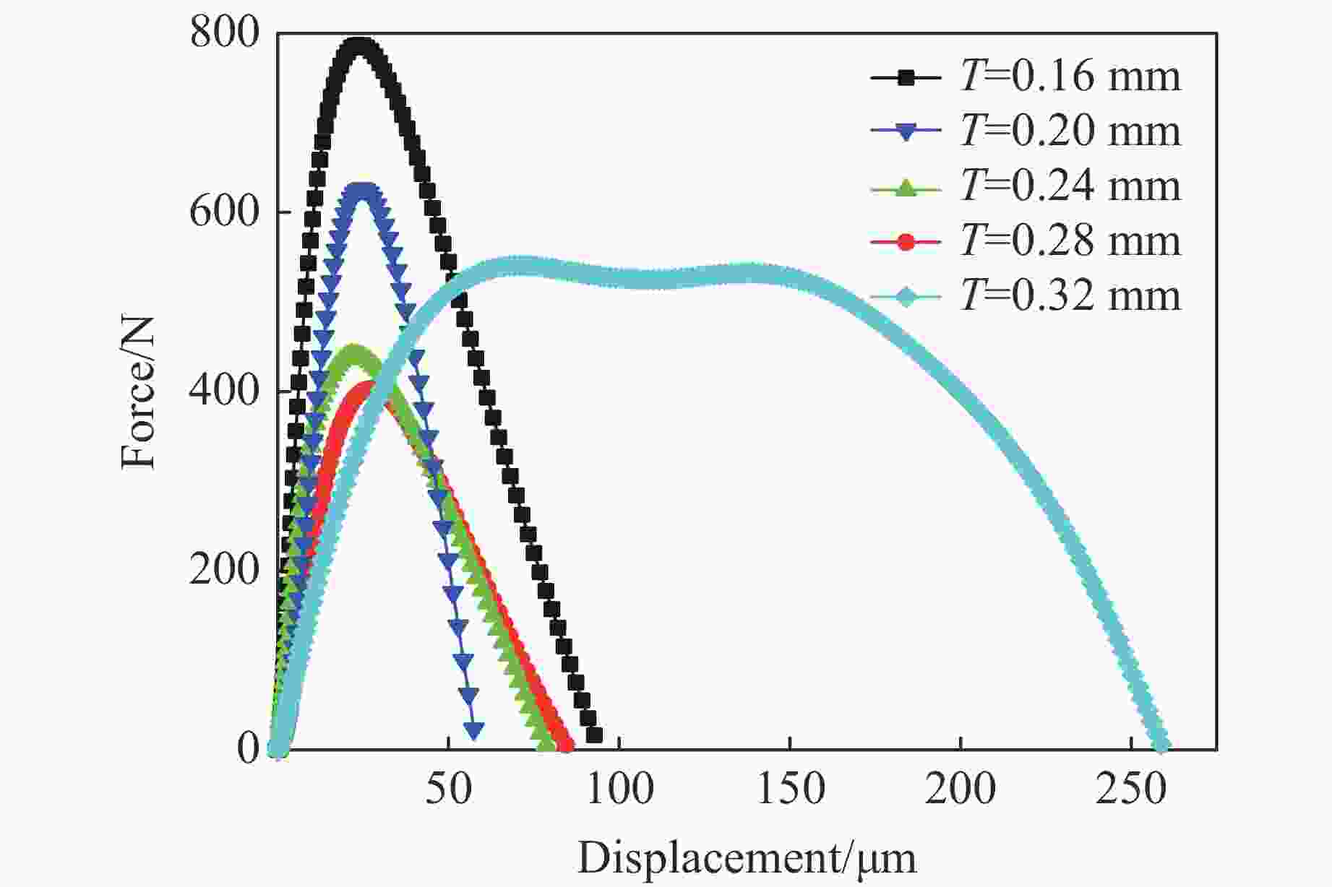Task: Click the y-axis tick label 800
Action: (224, 33)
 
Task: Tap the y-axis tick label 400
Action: (224, 391)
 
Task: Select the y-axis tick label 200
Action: (224, 570)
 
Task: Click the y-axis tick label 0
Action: (248, 749)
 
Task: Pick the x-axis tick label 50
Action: (449, 789)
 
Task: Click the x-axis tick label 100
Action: (619, 789)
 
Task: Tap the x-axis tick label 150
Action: (790, 789)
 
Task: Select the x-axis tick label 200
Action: (961, 789)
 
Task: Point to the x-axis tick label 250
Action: (1131, 789)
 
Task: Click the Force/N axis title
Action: (138, 391)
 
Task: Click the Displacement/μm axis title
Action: (747, 858)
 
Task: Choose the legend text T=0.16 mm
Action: (1070, 76)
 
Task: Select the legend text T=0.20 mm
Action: (1070, 131)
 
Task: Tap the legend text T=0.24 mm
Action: (1070, 186)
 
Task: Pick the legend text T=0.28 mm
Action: (1070, 241)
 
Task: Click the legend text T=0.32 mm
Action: (1070, 295)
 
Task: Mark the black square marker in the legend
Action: (906, 77)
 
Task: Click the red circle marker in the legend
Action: (906, 241)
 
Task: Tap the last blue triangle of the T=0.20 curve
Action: (474, 730)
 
